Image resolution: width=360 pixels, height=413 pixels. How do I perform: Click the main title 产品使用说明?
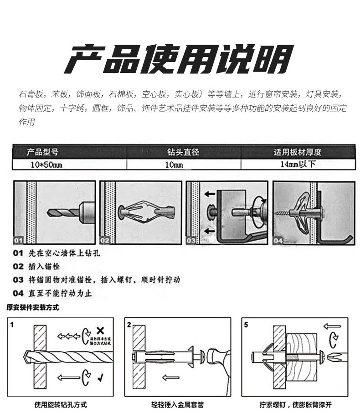178,59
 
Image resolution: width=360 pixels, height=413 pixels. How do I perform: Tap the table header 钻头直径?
183,152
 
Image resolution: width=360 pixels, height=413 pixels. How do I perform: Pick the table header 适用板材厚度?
297,152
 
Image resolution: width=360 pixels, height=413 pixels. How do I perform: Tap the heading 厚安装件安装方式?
32,308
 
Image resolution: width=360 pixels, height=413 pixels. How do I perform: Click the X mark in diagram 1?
100,330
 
